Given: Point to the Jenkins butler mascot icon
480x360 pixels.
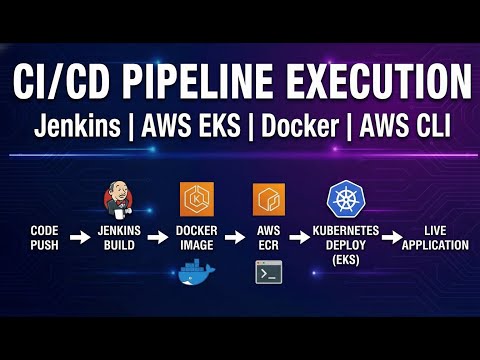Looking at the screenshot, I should [120, 200].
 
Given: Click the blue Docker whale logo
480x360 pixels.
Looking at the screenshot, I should [196, 270].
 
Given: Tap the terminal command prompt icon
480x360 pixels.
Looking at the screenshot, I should [267, 271].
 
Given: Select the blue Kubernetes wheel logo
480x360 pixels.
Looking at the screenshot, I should [344, 200].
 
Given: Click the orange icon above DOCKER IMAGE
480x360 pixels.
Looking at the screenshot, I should [196, 200].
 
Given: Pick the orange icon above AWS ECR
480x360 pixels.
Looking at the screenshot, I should [268, 200].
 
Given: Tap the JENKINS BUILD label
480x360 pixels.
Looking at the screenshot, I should [121, 237].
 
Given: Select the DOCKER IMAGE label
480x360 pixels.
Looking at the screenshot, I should [196, 237].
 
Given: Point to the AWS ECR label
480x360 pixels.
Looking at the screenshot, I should [268, 237].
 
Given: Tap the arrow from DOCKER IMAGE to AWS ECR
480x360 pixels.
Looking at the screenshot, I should [234, 237].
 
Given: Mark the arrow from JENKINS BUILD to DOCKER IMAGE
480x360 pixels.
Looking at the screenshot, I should [159, 237].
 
